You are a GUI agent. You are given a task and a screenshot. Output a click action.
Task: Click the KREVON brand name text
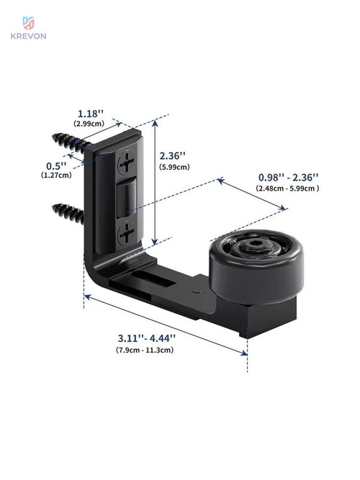[x=29, y=36]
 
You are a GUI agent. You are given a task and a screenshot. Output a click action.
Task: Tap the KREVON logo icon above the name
[x=29, y=23]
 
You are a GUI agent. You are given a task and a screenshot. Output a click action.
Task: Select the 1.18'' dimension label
[x=91, y=114]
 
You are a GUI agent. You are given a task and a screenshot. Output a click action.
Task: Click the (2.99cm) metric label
[x=89, y=124]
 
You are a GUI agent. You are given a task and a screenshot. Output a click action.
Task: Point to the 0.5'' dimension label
[x=56, y=166]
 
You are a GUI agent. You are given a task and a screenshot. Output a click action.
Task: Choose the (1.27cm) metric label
[x=56, y=175]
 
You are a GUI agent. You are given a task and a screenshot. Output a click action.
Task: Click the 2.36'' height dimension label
[x=173, y=156]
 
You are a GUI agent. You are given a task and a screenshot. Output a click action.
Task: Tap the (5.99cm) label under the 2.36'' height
[x=174, y=167]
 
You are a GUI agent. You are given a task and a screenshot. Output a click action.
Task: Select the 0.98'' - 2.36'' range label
[x=288, y=177]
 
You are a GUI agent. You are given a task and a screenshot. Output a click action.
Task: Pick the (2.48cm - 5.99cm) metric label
[x=287, y=189]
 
